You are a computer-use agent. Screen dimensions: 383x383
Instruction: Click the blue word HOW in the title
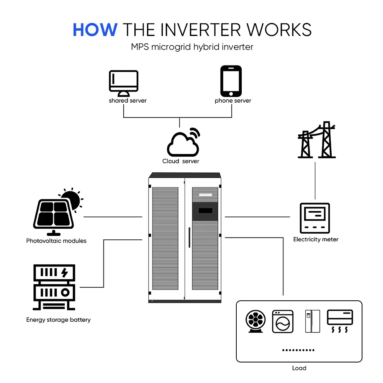coord(95,29)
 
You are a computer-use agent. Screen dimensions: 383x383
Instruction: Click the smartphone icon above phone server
coord(231,81)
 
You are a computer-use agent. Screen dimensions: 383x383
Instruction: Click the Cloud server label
coord(181,161)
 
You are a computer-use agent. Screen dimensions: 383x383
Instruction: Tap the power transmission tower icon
coord(317,140)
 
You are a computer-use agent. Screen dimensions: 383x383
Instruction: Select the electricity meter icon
coord(315,218)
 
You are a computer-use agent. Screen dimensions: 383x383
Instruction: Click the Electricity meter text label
coord(316,239)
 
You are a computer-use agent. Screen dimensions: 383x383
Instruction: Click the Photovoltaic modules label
coord(56,241)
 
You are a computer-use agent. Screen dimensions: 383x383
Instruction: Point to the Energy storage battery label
coord(58,319)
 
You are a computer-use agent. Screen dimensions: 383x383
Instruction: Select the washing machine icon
coord(283,321)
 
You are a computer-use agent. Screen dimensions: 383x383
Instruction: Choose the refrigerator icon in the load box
coord(312,321)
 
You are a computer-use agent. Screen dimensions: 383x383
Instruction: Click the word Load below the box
coord(299,368)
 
